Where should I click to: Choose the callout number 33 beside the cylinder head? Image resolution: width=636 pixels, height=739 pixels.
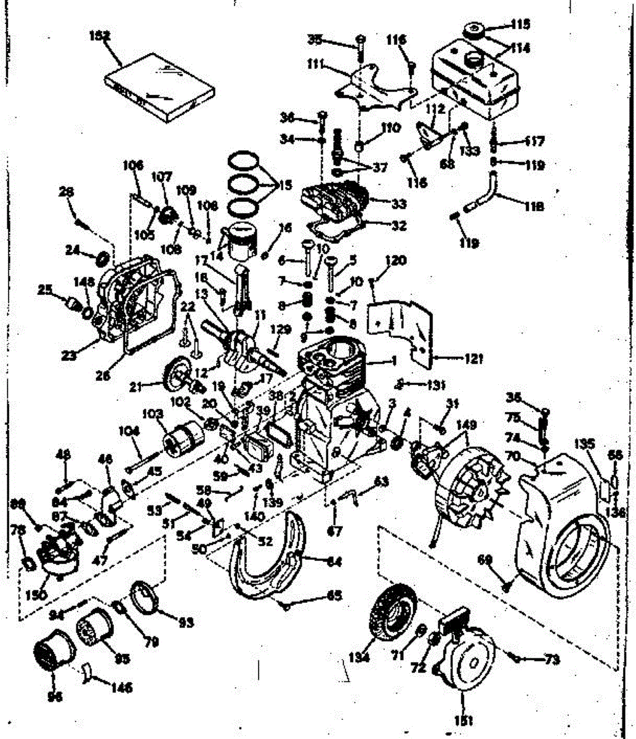[x=398, y=203]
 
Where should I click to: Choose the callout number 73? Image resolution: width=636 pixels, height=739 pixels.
[x=552, y=661]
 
